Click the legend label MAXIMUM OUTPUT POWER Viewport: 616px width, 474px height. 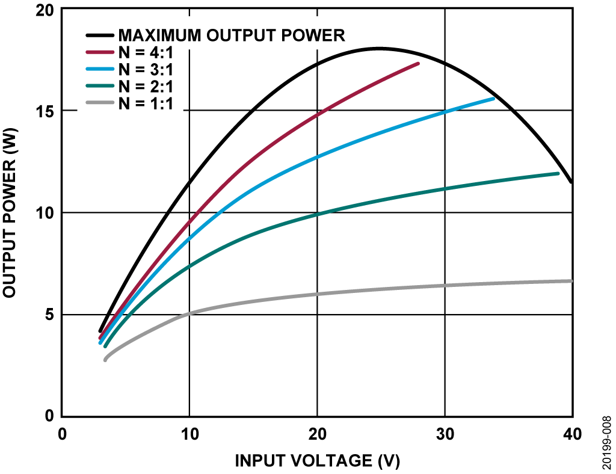coord(231,35)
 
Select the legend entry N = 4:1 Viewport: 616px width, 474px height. coord(146,52)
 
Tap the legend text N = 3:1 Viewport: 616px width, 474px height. coord(146,70)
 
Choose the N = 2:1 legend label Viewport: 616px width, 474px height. coord(146,87)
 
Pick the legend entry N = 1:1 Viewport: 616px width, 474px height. coord(146,103)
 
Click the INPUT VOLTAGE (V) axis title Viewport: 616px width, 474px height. coord(317,461)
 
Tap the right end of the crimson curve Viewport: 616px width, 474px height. coord(418,63)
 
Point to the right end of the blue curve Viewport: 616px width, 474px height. coord(493,98)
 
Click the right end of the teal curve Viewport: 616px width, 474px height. coord(558,173)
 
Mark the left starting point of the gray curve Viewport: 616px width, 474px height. coord(105,360)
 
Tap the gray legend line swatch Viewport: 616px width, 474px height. coord(100,103)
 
